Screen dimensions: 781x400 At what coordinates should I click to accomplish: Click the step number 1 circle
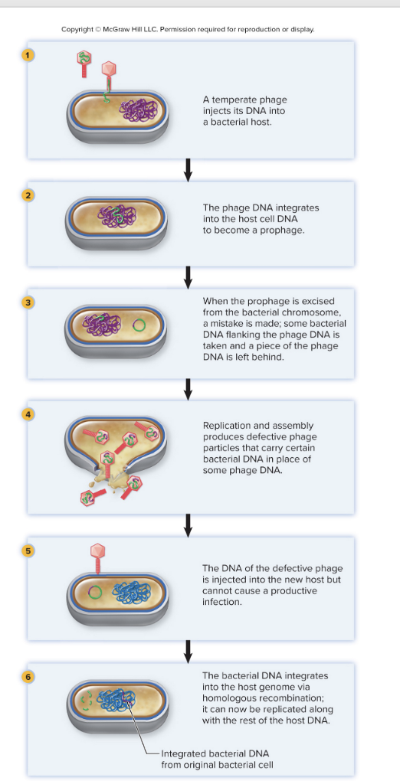(x=28, y=55)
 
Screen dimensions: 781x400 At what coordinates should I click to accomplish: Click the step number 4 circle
(x=28, y=415)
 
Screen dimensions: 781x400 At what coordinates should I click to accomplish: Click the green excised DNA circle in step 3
(x=139, y=325)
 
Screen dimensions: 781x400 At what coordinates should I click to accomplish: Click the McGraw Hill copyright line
(x=188, y=29)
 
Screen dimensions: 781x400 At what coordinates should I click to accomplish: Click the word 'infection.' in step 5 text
(x=222, y=603)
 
